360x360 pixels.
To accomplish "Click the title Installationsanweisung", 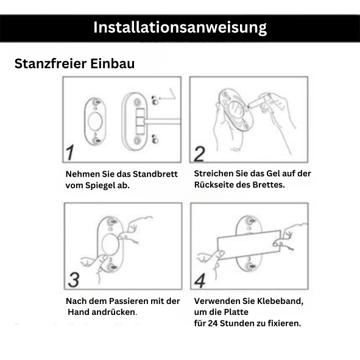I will point(180,27).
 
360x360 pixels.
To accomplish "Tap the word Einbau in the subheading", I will point(112,64).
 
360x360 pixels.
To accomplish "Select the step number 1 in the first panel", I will point(72,152).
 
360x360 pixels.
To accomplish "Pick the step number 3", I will point(74,279).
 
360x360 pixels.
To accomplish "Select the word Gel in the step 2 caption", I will point(265,174).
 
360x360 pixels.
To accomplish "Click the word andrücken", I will point(113,312).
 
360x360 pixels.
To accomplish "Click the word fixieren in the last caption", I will point(283,323).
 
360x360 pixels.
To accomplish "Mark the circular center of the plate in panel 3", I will point(111,247).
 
